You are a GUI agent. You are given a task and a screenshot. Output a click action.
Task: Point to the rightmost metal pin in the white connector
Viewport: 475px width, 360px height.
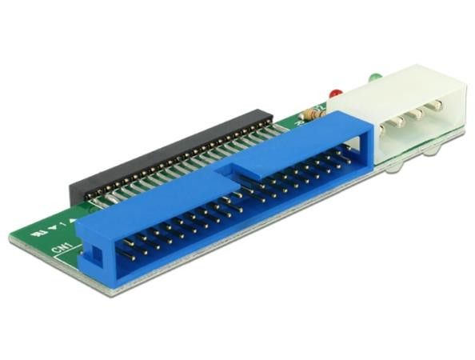coord(437,106)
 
